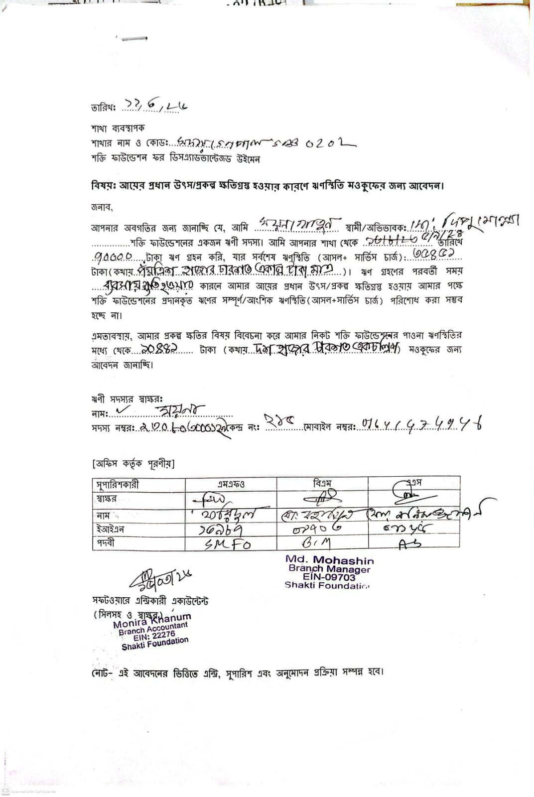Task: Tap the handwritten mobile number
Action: pos(421,425)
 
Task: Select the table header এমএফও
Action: pos(231,484)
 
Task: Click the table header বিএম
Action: pos(322,483)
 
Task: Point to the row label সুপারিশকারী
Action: pos(118,484)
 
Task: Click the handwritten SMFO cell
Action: pos(228,544)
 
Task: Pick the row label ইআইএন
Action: pos(110,529)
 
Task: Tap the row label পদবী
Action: pos(105,543)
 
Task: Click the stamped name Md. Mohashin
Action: pos(329,560)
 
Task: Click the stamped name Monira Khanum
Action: pos(151,621)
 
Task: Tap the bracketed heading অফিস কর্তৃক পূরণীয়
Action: pos(133,464)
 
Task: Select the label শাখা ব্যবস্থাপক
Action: pos(118,128)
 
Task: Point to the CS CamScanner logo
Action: pos(5,791)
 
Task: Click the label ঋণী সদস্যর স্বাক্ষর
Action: pos(127,399)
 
